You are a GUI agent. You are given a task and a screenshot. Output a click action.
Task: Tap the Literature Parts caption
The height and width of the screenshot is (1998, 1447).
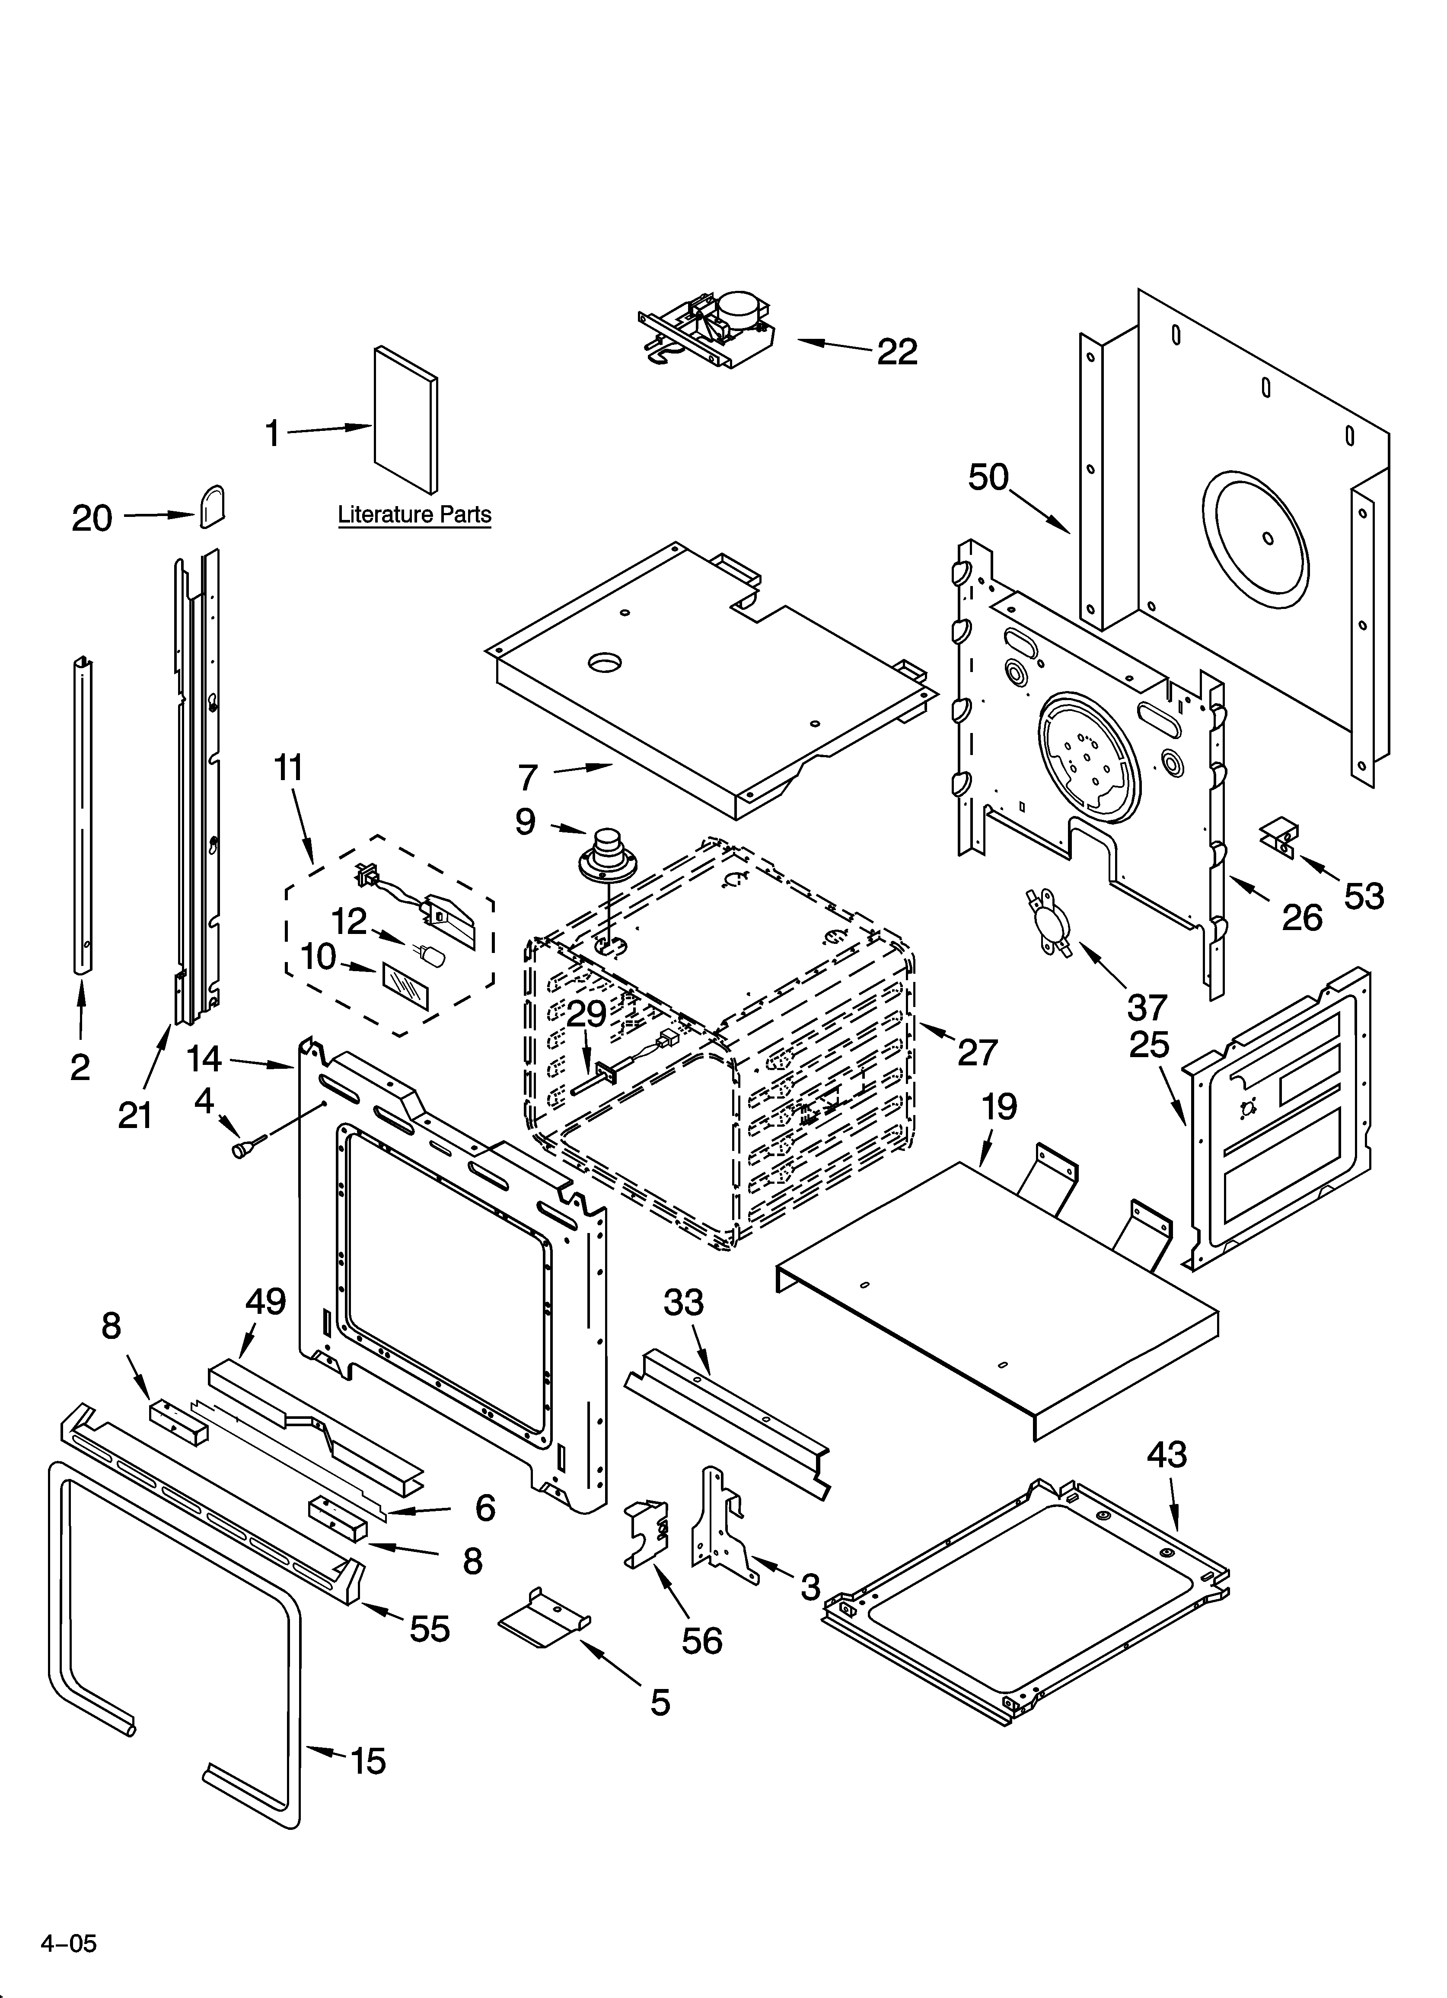coord(414,514)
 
